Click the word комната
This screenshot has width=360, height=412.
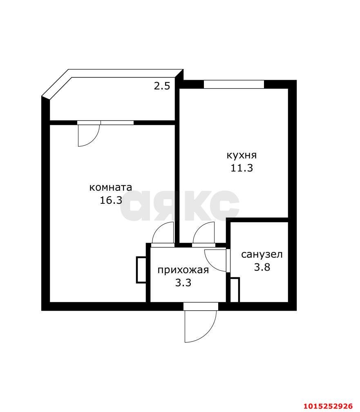pos(111,187)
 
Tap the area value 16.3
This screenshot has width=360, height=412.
pos(111,200)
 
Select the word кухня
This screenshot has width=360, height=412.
pos(241,155)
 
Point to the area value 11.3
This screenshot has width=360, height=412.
pos(241,168)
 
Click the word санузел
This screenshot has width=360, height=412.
pos(262,254)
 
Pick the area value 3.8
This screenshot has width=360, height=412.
pos(262,267)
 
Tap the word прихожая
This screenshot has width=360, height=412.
pos(183,270)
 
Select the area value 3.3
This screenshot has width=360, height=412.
pos(183,283)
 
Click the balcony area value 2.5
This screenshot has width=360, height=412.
pos(162,86)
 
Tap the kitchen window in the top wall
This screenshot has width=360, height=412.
pos(234,85)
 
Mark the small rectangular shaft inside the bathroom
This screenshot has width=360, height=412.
pos(235,290)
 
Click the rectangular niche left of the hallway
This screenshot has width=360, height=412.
pos(141,270)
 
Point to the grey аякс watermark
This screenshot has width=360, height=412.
pos(180,206)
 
